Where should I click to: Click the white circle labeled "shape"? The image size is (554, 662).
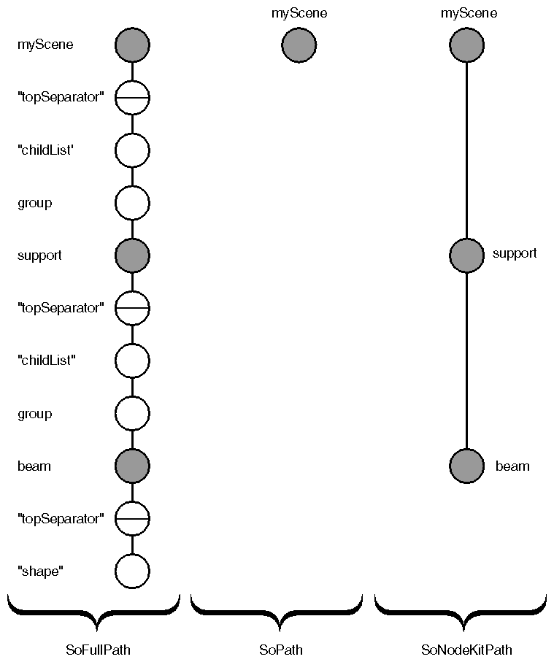pos(132,571)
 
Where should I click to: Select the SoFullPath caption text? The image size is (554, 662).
pos(98,649)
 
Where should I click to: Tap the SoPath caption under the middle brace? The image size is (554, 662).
pos(281,649)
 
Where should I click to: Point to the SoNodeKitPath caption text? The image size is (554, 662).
pos(467,649)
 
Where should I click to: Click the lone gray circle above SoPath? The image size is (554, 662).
pos(299,45)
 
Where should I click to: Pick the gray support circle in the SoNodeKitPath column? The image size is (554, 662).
pos(466,255)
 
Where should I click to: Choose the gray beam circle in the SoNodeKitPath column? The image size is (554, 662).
pos(466,466)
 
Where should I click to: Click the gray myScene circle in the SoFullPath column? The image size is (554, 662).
pos(132,45)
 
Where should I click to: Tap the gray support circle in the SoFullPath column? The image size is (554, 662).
pos(132,255)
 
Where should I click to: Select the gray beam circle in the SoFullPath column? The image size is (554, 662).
pos(132,466)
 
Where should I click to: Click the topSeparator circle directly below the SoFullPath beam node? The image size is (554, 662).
pos(132,518)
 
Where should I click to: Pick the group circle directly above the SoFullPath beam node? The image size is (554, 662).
pos(132,413)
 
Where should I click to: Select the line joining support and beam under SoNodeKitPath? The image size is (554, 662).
pos(466,360)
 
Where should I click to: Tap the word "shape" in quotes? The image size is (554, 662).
pos(40,571)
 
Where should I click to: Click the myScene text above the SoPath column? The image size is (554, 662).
pos(299,13)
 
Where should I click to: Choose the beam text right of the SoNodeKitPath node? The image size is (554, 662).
pos(512,466)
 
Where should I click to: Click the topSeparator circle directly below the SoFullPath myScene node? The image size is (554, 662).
pos(132,97)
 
